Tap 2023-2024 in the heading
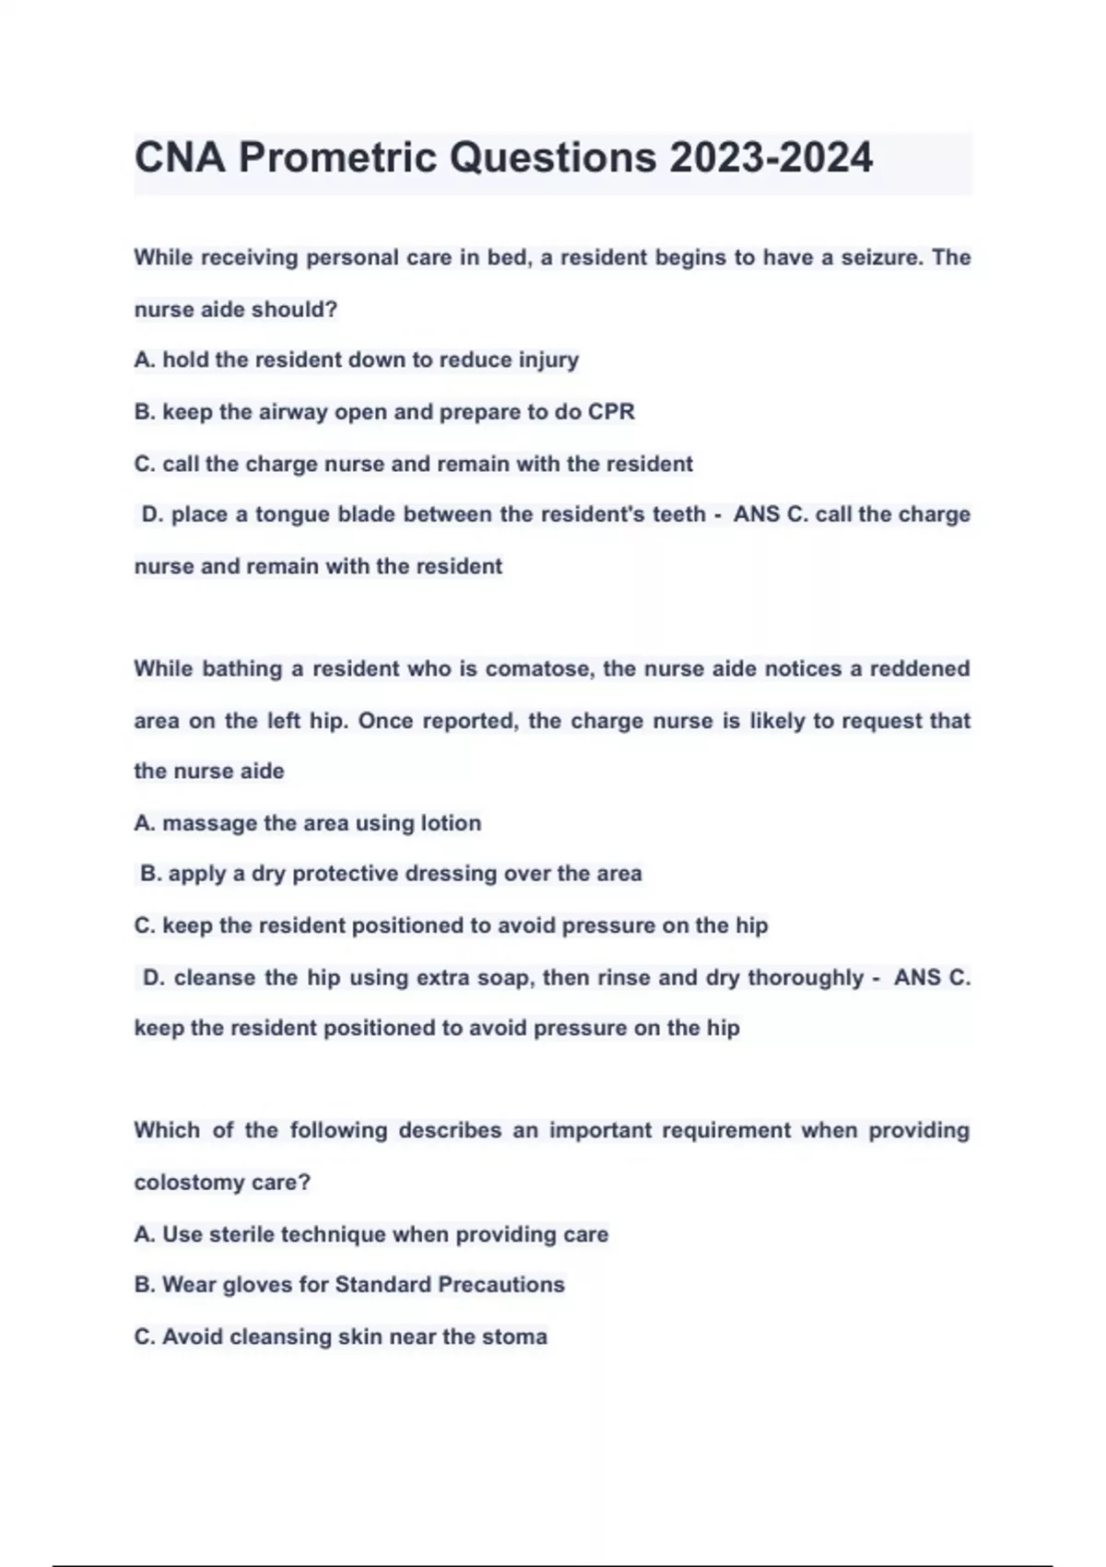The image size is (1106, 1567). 771,158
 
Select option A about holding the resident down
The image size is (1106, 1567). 357,359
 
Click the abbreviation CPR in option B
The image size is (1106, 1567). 611,411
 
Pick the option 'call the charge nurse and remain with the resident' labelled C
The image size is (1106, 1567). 414,463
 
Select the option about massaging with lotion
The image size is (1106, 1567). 308,822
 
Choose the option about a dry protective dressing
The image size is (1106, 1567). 391,873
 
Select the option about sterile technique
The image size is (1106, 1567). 371,1233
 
